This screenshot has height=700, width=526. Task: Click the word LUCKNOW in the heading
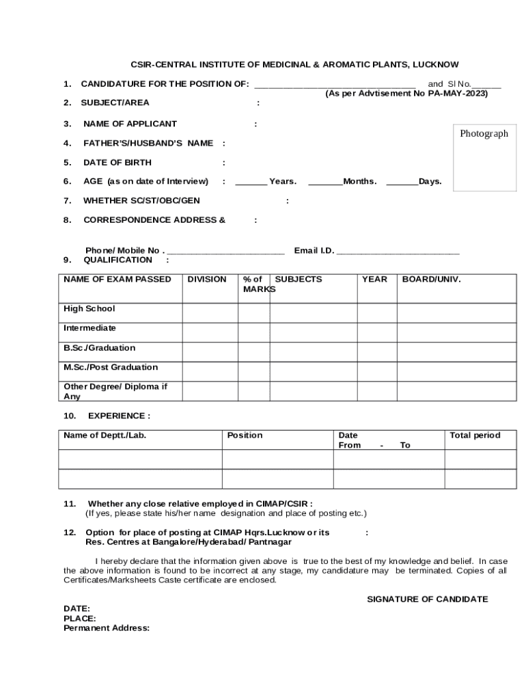coord(434,64)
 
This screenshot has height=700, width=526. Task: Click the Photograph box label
coord(484,134)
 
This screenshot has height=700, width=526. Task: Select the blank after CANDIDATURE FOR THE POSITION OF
coord(335,85)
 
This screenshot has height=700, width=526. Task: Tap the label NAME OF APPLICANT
coord(130,124)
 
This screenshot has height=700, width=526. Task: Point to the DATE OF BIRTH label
coord(117,163)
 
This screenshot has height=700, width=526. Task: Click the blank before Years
coord(251,182)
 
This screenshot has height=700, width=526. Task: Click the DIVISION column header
coord(207,280)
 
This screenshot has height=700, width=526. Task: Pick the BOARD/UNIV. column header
coord(431,280)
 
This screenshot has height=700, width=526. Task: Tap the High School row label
coord(89,309)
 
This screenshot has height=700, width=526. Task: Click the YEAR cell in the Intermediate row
coord(376,332)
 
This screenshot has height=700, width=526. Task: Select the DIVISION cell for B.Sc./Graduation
coord(210,351)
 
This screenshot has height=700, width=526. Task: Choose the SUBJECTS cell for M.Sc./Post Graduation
coord(313,371)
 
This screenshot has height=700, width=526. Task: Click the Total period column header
coord(475,435)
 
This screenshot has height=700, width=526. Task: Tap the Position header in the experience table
coord(245,435)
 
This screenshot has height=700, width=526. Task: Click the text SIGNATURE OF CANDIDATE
coord(428,600)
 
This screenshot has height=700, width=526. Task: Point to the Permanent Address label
coord(107,628)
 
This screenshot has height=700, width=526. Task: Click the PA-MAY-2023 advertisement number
coord(458,94)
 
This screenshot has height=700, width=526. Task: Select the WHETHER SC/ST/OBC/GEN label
coord(141,201)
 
